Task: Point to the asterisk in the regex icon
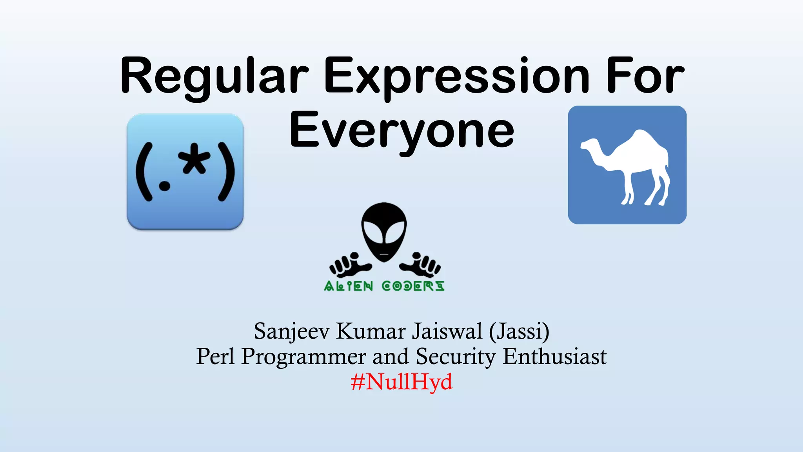pos(194,159)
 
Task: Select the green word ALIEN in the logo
pos(348,286)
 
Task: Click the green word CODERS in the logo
pos(413,286)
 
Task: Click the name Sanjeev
pos(292,332)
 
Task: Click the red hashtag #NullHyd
pos(401,381)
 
